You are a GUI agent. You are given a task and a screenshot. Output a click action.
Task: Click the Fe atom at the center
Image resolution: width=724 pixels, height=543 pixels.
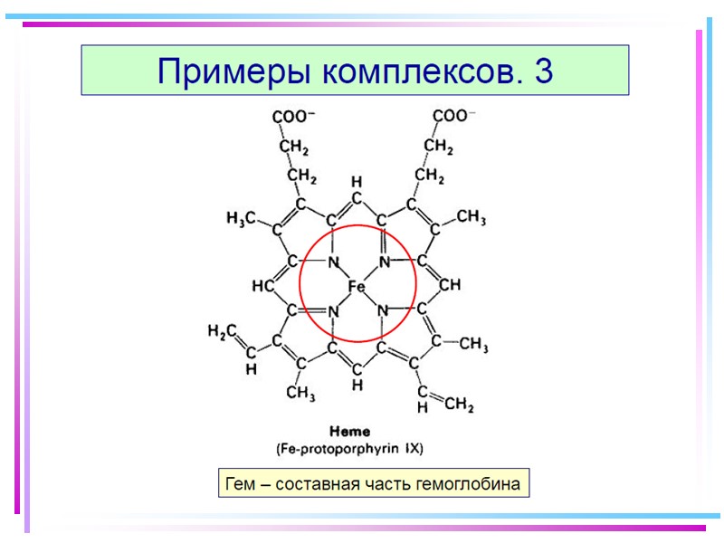(x=357, y=287)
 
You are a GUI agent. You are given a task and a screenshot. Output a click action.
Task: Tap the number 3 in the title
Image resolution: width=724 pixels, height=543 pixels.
(x=543, y=71)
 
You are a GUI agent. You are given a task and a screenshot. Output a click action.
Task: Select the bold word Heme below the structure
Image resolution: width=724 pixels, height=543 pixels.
(x=348, y=432)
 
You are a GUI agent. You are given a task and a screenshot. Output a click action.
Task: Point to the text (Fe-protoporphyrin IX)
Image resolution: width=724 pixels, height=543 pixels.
(x=349, y=448)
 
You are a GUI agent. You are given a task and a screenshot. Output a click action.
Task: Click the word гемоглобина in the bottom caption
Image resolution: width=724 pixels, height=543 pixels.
(x=468, y=484)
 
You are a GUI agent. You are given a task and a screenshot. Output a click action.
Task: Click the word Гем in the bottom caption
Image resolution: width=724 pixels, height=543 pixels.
(x=238, y=484)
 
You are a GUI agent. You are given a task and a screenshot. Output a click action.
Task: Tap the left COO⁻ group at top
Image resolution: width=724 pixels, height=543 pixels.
(x=294, y=117)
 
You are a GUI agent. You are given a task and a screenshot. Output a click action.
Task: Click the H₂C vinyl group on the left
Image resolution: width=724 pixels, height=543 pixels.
(x=222, y=332)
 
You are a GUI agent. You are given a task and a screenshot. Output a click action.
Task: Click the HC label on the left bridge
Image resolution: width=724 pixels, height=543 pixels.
(x=263, y=286)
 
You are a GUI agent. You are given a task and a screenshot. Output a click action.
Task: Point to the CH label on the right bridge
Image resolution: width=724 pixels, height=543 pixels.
(x=450, y=285)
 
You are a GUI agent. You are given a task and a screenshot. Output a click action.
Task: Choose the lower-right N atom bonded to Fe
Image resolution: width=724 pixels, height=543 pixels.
(x=383, y=311)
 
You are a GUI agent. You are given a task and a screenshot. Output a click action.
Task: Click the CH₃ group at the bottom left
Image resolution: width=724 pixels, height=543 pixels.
(x=300, y=392)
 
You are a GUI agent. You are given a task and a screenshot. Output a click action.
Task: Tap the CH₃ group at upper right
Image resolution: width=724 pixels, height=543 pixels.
(x=471, y=217)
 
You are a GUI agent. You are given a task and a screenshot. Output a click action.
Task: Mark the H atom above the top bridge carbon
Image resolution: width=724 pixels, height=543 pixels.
(x=357, y=182)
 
